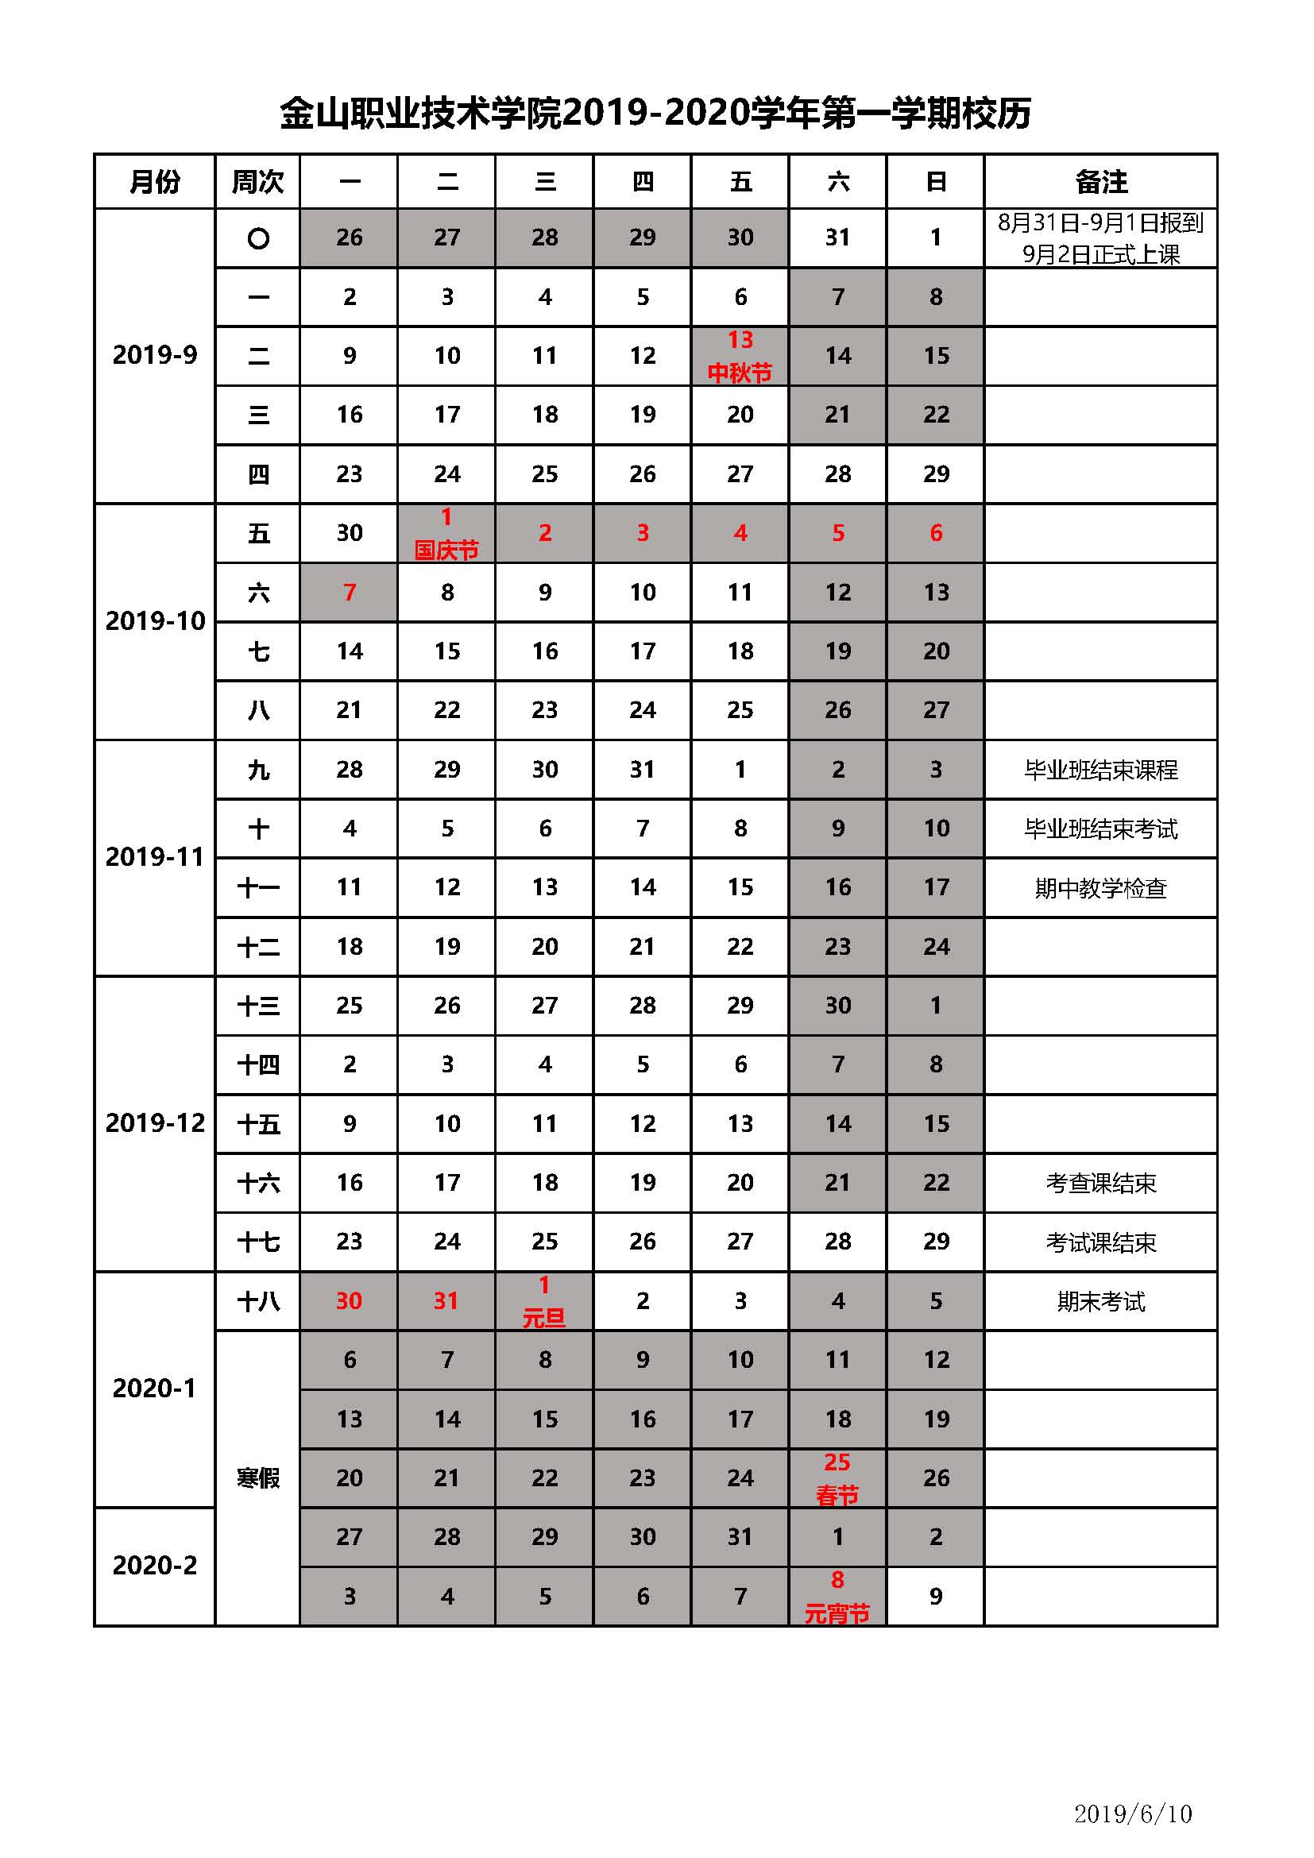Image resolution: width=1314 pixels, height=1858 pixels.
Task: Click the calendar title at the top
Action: coord(655,114)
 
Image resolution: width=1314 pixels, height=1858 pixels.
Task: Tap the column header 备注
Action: coord(1100,182)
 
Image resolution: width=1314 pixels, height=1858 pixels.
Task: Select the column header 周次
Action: coord(257,182)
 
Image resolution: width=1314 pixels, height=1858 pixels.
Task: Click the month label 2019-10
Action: coord(156,621)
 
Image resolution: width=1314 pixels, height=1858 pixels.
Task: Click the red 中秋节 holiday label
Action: coord(740,373)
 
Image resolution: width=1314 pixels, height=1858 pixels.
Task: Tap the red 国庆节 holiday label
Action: coord(446,551)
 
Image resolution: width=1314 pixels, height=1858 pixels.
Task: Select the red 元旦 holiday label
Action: coord(543,1319)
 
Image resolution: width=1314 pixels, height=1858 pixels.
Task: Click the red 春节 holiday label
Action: coord(837,1497)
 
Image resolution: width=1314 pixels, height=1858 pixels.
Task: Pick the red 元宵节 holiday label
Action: coord(837,1614)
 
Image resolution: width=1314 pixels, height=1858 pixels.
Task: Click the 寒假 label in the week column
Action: coord(257,1478)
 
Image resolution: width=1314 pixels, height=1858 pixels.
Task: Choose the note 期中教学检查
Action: coord(1100,889)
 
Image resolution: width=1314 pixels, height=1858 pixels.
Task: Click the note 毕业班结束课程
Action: coord(1100,770)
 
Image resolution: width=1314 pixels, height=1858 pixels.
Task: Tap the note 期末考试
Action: coord(1100,1302)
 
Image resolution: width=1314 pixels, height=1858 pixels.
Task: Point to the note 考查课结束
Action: coord(1100,1183)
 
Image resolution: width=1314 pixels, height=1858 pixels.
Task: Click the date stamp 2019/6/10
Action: coord(1133,1814)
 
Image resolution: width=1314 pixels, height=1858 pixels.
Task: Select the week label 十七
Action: coord(257,1242)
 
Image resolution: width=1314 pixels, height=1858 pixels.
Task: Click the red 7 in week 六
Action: coord(350,593)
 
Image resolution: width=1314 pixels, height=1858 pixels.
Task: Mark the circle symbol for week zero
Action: coord(258,239)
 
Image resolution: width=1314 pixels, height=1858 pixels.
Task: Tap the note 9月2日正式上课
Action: coord(1100,255)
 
